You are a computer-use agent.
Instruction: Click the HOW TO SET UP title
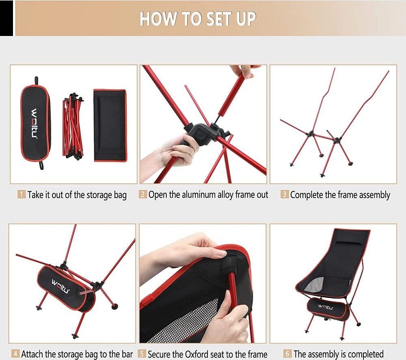tap(198, 19)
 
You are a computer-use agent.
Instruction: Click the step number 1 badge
tap(22, 194)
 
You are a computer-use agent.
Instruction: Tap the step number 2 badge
tap(143, 194)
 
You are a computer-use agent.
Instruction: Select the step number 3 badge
tap(284, 194)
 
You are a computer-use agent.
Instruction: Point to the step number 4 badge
tap(15, 354)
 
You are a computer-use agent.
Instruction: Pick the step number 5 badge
tap(142, 354)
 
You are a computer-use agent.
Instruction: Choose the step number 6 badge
tap(287, 354)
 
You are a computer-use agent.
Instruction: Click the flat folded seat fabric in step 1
tap(110, 125)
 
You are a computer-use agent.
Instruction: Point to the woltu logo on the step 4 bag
tap(60, 286)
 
